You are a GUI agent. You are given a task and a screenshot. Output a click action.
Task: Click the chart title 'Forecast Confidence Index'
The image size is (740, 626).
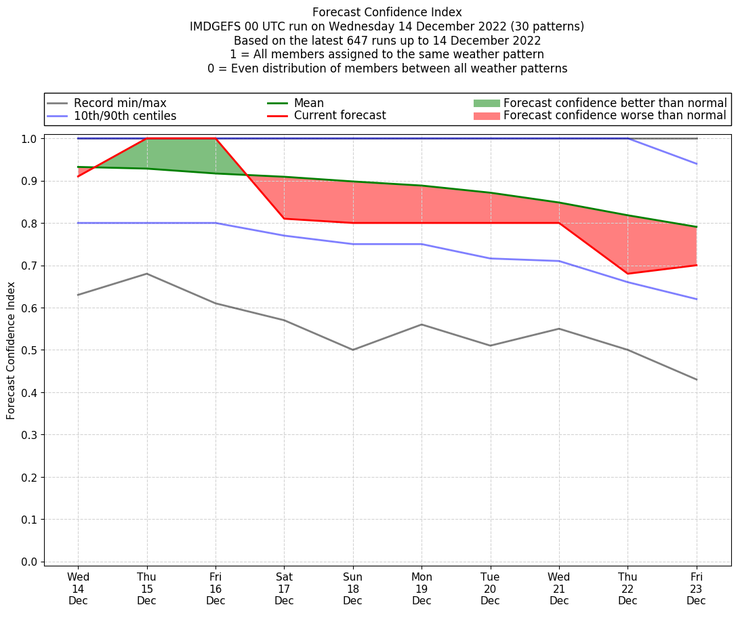387,12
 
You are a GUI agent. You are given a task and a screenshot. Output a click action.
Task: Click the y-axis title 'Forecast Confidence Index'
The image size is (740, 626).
11,351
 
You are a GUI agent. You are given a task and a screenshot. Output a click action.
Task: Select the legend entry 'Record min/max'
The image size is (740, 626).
120,103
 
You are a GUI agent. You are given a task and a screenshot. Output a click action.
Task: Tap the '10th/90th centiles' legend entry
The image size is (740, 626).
125,116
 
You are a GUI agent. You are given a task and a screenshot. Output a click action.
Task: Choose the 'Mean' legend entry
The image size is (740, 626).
308,103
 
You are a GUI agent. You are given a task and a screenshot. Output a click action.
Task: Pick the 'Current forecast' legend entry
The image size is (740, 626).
340,116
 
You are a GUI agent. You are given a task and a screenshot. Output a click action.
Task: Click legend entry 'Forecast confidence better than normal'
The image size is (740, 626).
615,103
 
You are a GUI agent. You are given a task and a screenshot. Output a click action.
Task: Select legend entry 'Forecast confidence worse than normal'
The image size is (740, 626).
615,116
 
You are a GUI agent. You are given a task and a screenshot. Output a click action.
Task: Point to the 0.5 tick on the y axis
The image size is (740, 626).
29,350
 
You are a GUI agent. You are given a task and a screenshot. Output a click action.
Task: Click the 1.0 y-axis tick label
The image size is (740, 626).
29,139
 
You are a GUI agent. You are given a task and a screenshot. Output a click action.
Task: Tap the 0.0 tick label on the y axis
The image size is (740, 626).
29,562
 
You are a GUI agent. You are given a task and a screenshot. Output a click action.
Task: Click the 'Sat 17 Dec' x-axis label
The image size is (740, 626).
284,588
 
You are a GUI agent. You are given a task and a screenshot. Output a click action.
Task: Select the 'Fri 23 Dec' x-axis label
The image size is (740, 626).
696,588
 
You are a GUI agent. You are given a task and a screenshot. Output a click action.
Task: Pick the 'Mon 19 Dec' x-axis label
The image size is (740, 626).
422,588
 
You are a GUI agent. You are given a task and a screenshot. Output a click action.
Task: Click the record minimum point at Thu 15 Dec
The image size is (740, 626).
147,274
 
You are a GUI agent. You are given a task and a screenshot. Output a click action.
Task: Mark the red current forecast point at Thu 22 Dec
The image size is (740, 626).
628,274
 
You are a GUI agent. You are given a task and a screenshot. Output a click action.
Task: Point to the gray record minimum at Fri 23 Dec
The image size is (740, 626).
697,379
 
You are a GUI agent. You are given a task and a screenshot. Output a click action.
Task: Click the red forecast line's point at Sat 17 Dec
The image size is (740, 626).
284,219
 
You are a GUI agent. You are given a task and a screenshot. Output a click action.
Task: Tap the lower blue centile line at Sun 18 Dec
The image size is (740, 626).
353,244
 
